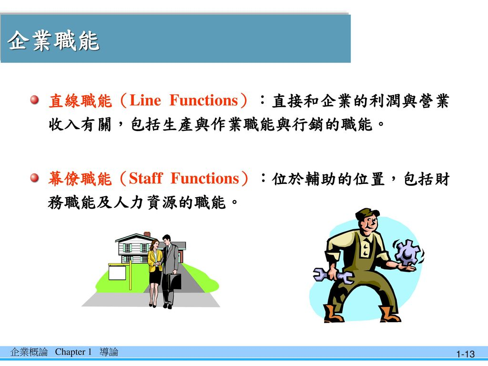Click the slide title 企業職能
pos(53,41)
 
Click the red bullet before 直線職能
pos(34,100)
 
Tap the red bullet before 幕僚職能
pos(34,178)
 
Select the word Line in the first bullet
pos(145,100)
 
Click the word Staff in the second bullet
pos(145,178)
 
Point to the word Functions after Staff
pos(205,178)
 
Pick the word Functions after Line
pos(204,100)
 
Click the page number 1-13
pos(465,354)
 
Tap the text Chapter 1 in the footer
pos(73,352)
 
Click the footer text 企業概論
pos(29,352)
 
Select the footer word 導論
pos(109,352)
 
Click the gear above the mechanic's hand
pos(407,252)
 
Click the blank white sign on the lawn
pos(117,272)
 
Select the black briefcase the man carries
pos(174,282)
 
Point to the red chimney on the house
pos(147,234)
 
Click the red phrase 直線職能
pos(80,101)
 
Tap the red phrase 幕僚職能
pos(80,179)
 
